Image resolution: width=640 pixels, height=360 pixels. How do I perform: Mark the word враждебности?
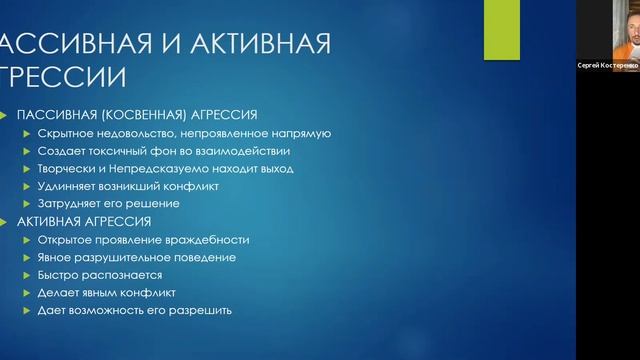(x=206, y=240)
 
